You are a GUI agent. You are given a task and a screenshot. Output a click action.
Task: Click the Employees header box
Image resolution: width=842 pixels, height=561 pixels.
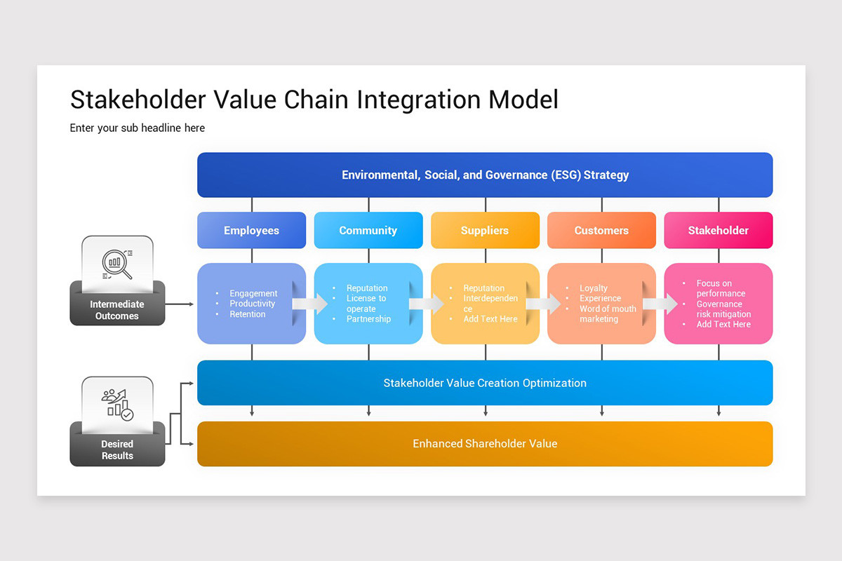[251, 231]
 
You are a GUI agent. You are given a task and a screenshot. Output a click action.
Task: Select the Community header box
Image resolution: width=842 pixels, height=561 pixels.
[368, 231]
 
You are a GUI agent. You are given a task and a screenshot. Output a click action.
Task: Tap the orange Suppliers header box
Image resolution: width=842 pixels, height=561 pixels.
[485, 231]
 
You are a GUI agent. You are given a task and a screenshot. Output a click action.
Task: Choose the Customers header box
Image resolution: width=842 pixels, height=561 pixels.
[601, 231]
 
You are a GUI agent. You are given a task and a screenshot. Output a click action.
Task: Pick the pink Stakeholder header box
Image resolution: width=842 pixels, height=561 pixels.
[718, 231]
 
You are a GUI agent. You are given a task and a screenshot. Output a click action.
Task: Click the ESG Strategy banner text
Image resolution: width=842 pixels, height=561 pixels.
[485, 175]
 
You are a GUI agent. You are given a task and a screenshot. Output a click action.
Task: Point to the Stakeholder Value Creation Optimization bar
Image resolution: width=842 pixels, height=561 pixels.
[485, 383]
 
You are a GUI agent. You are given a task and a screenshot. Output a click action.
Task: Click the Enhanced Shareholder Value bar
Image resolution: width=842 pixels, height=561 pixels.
[485, 444]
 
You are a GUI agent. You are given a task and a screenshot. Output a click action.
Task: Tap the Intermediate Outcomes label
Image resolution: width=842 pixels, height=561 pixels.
[117, 310]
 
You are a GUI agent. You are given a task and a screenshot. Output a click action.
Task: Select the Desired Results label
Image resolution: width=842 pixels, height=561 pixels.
[117, 450]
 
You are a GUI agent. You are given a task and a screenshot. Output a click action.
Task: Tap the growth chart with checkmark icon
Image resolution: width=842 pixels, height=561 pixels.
[117, 405]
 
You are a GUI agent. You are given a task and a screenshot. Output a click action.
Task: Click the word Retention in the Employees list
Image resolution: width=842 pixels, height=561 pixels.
[248, 314]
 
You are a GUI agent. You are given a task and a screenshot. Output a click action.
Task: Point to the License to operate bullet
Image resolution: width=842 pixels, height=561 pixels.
[366, 304]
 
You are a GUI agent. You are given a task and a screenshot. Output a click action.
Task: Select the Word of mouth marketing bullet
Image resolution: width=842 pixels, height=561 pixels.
[608, 314]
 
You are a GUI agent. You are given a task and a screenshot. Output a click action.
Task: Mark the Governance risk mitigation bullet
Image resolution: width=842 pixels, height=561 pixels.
[723, 309]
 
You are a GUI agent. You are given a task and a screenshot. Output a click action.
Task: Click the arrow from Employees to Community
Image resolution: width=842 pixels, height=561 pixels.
[310, 304]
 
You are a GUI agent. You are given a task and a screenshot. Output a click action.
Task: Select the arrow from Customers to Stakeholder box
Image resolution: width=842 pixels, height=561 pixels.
[660, 304]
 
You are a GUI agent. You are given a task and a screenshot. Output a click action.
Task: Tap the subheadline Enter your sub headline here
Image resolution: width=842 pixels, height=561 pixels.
[138, 128]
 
